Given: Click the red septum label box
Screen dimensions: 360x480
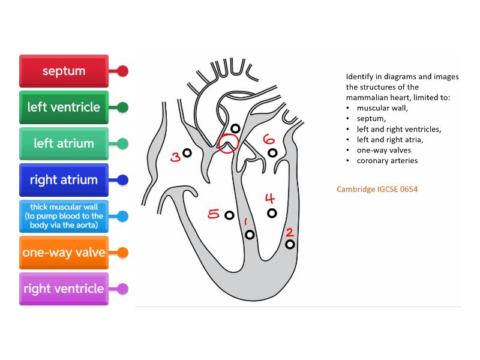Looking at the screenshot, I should click(64, 71).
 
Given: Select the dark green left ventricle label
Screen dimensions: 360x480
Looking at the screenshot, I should click(64, 107).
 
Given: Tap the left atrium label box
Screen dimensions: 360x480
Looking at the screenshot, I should click(64, 143).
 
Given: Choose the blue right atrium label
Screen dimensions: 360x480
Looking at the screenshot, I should click(64, 179).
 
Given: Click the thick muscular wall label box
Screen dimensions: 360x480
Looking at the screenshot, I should click(64, 216).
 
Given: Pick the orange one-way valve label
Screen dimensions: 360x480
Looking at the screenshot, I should click(64, 252).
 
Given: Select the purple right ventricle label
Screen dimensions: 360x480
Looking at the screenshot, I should click(64, 289).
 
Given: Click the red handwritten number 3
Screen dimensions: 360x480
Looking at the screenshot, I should click(175, 157).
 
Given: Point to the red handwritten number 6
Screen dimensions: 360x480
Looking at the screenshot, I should click(269, 139).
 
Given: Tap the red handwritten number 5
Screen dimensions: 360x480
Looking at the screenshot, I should click(214, 214).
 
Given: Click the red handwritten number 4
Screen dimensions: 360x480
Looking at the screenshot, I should click(270, 199).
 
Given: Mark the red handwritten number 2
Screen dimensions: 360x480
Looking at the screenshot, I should click(289, 232).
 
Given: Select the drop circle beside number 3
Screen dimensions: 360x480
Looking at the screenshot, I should click(187, 153).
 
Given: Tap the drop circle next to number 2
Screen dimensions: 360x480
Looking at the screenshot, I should click(290, 244).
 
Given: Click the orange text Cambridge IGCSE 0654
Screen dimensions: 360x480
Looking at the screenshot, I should click(377, 189).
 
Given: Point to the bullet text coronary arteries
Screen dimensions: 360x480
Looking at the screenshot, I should click(387, 161).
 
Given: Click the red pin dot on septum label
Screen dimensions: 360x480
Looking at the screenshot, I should click(122, 71).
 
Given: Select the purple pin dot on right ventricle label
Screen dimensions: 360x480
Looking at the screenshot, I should click(122, 289).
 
